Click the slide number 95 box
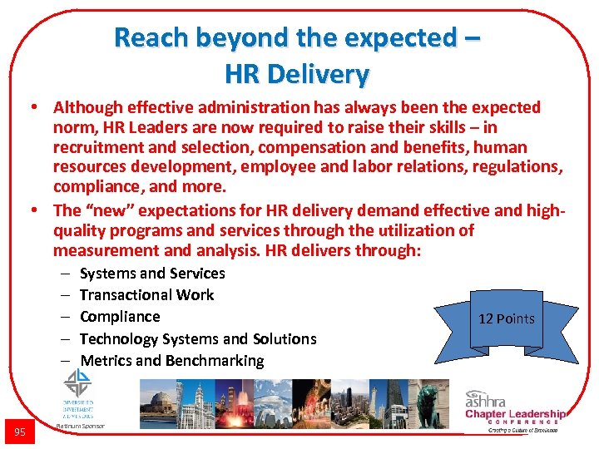click(x=19, y=431)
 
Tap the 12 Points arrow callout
click(x=506, y=318)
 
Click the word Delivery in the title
click(x=319, y=75)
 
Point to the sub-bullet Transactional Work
click(x=146, y=295)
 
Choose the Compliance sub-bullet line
click(x=120, y=317)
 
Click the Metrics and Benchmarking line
click(x=171, y=361)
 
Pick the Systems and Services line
click(x=152, y=274)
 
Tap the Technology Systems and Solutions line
click(x=198, y=339)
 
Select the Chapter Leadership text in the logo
click(x=515, y=414)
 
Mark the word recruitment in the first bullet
click(x=92, y=148)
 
